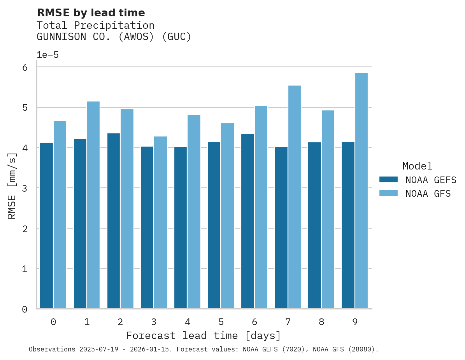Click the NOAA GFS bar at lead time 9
tap(361, 190)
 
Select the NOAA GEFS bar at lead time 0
tap(46, 225)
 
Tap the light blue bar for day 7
tap(294, 197)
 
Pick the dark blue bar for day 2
tap(113, 221)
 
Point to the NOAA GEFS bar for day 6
tap(247, 221)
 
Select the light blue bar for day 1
tap(93, 205)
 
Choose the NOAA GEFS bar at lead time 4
tap(181, 227)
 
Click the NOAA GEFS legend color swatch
tap(388, 180)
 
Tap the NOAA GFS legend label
tap(428, 194)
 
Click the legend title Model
tap(417, 166)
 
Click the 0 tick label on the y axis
tap(25, 309)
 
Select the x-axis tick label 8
tap(321, 322)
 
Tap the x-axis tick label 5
tap(221, 322)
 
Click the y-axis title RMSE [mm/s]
tap(12, 186)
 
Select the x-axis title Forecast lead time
tap(203, 336)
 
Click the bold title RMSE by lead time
tap(91, 13)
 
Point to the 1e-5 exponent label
tap(47, 55)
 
